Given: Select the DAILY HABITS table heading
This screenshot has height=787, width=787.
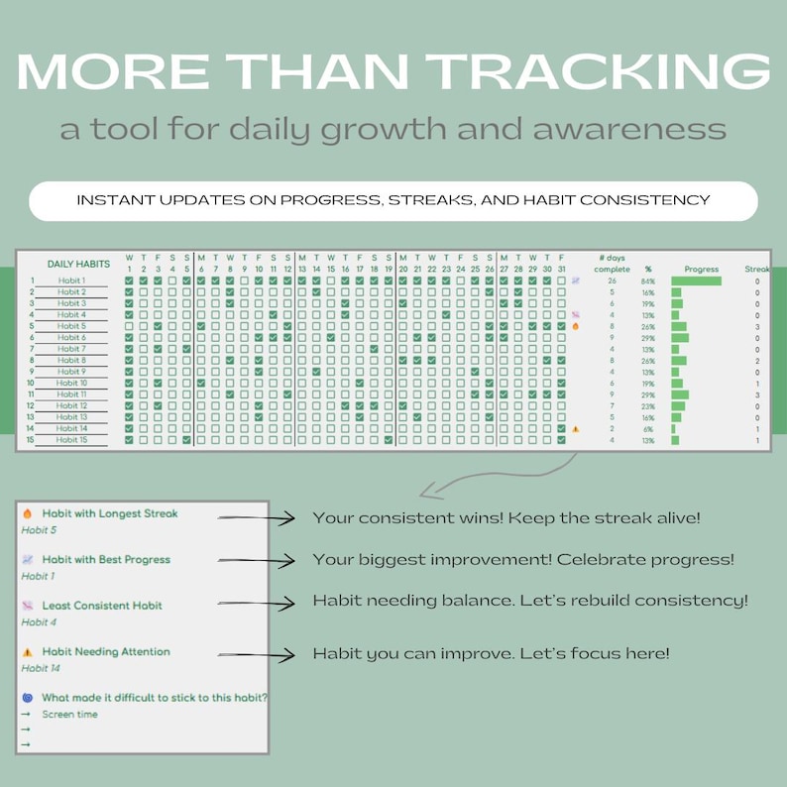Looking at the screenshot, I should pos(78,265).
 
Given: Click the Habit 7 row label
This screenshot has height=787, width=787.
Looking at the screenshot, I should pos(70,349).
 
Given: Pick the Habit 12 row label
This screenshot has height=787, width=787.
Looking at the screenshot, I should pos(70,406).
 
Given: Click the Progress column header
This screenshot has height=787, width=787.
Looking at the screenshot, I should pos(702,269).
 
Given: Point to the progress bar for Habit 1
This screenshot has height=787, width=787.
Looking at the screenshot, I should pos(696,281).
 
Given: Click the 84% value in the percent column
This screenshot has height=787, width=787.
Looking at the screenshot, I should pos(648,281).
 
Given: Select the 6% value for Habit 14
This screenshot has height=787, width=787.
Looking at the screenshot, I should pos(648,429).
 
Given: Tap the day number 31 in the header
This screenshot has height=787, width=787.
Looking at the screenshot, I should pos(561,269).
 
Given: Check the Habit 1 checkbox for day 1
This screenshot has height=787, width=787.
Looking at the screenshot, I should pos(129,281).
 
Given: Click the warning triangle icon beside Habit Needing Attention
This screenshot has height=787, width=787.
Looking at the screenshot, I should pos(28,652).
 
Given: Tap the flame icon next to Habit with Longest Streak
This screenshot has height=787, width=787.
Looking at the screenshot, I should pos(28,513).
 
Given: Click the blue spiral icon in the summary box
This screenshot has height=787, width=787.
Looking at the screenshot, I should pos(28,698).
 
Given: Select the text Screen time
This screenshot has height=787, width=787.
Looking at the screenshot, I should pos(69,714).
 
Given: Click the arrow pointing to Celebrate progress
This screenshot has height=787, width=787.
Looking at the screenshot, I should pos(257,561).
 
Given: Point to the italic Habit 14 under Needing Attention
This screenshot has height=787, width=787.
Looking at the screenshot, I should pos(41,668).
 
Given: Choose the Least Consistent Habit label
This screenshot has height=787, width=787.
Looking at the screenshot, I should pos(102,606).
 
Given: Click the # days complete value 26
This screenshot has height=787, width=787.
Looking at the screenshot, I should pos(612,281).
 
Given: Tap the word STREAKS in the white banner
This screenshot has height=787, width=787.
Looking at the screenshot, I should pos(428,200).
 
